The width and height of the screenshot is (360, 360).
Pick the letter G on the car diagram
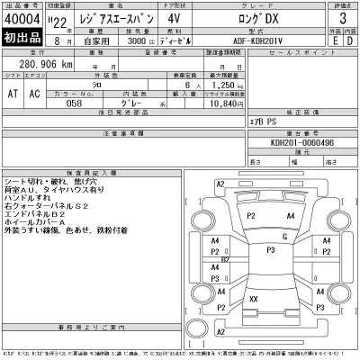[x=283, y=236]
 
